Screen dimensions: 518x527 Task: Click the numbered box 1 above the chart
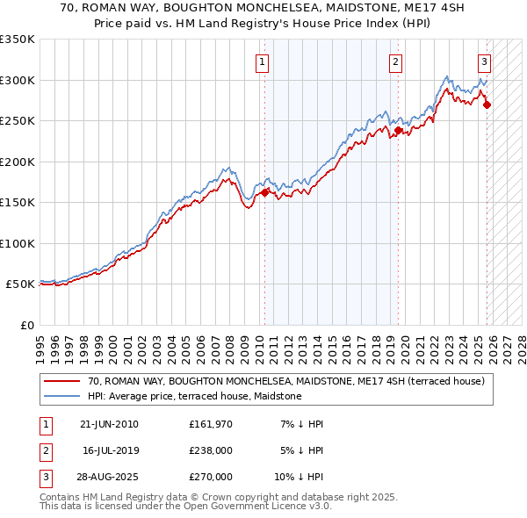point(263,61)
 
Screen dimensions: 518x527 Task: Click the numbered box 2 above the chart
point(396,61)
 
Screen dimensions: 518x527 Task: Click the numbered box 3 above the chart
point(485,61)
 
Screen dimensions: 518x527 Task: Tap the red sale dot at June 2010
point(265,193)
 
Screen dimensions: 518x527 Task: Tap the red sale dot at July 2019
point(398,131)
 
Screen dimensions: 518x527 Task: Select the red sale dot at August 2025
point(487,104)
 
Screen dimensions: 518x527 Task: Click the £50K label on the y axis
point(20,284)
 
